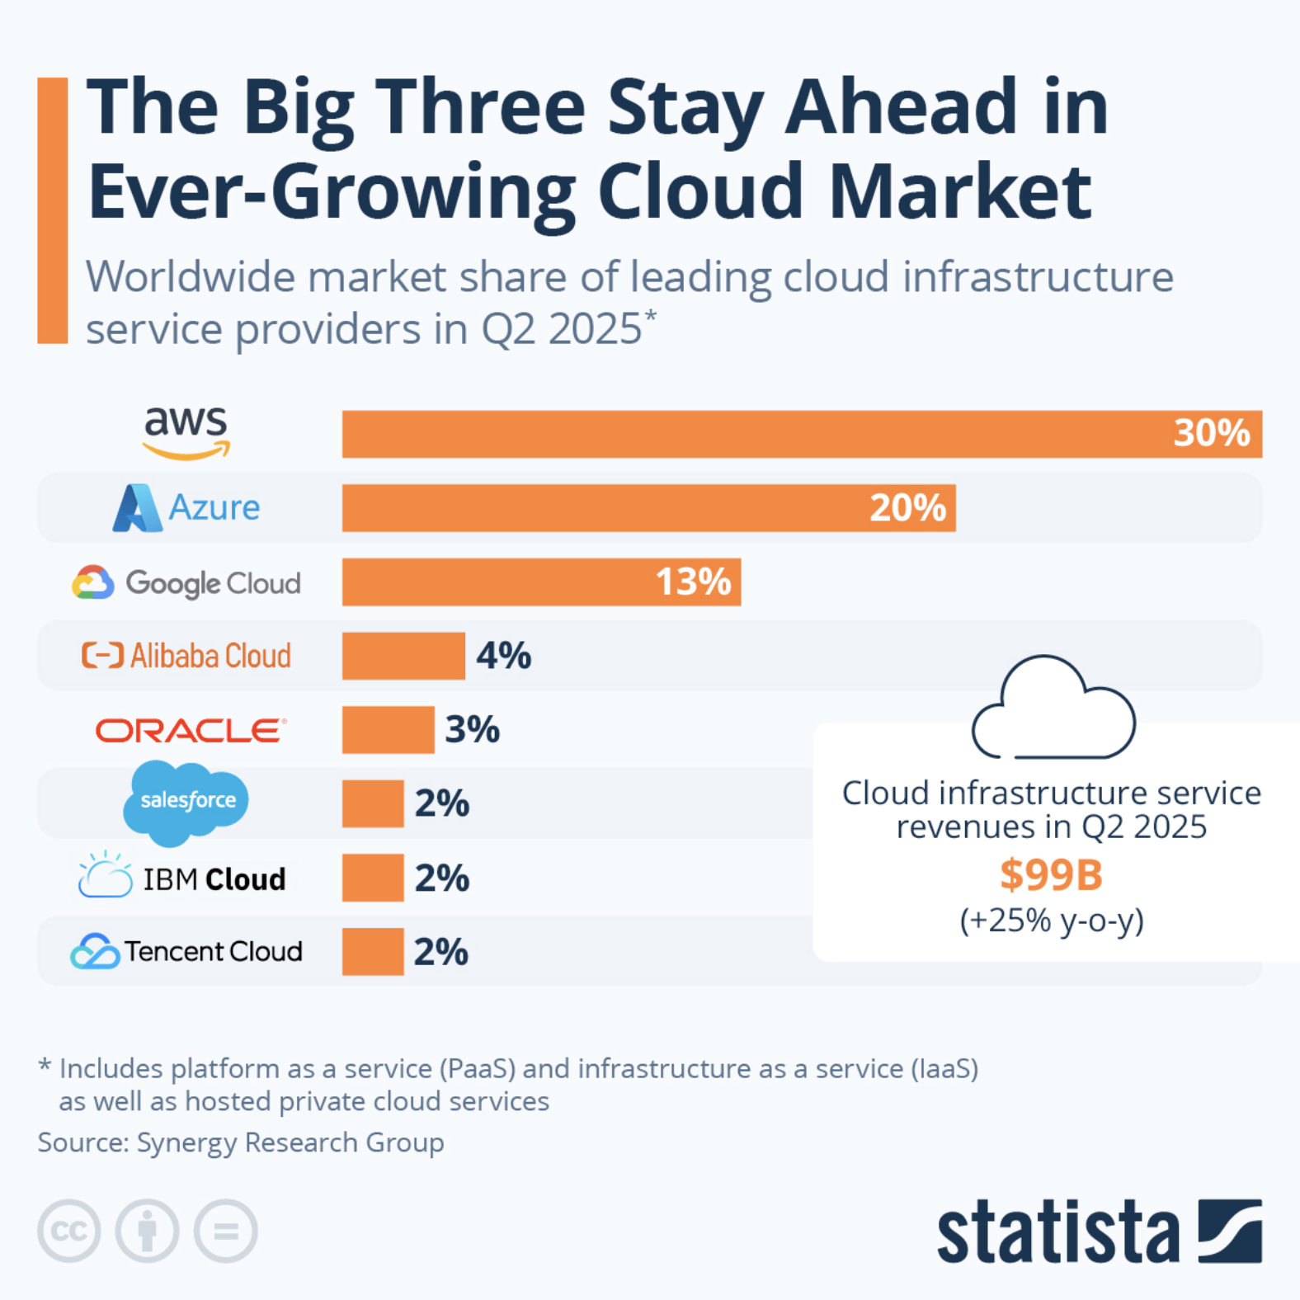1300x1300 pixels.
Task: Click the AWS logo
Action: coord(186,432)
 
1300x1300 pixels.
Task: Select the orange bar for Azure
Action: coord(648,507)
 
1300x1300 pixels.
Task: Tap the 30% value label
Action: coord(1211,433)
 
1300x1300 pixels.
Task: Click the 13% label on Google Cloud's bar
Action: coord(693,582)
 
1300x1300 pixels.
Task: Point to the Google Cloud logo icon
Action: coord(92,582)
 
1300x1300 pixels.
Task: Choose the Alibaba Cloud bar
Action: coord(403,656)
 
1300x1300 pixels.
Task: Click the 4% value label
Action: coord(503,656)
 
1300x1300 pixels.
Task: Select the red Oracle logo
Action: coord(191,730)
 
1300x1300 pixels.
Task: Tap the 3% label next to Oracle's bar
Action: coord(472,729)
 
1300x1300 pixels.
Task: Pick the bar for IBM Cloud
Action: coord(373,878)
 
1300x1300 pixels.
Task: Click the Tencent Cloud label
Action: coord(213,951)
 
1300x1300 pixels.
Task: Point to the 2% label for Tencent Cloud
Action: coord(440,952)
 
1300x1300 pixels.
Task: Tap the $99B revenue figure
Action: coord(1050,875)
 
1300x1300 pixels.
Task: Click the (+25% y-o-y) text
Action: coord(1051,920)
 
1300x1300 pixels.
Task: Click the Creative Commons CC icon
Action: coord(69,1231)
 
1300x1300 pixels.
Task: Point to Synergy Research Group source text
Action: coord(290,1142)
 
